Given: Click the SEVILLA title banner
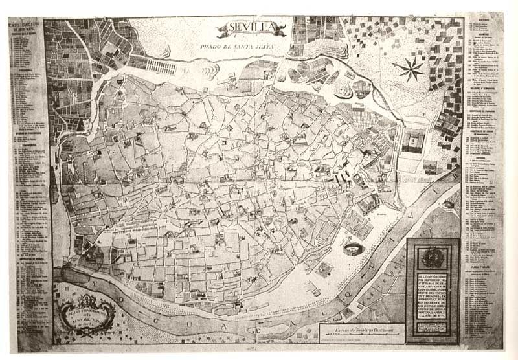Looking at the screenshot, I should click(253, 30).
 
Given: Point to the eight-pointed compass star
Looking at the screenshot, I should click(408, 69).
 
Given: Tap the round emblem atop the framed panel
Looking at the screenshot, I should click(433, 257).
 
